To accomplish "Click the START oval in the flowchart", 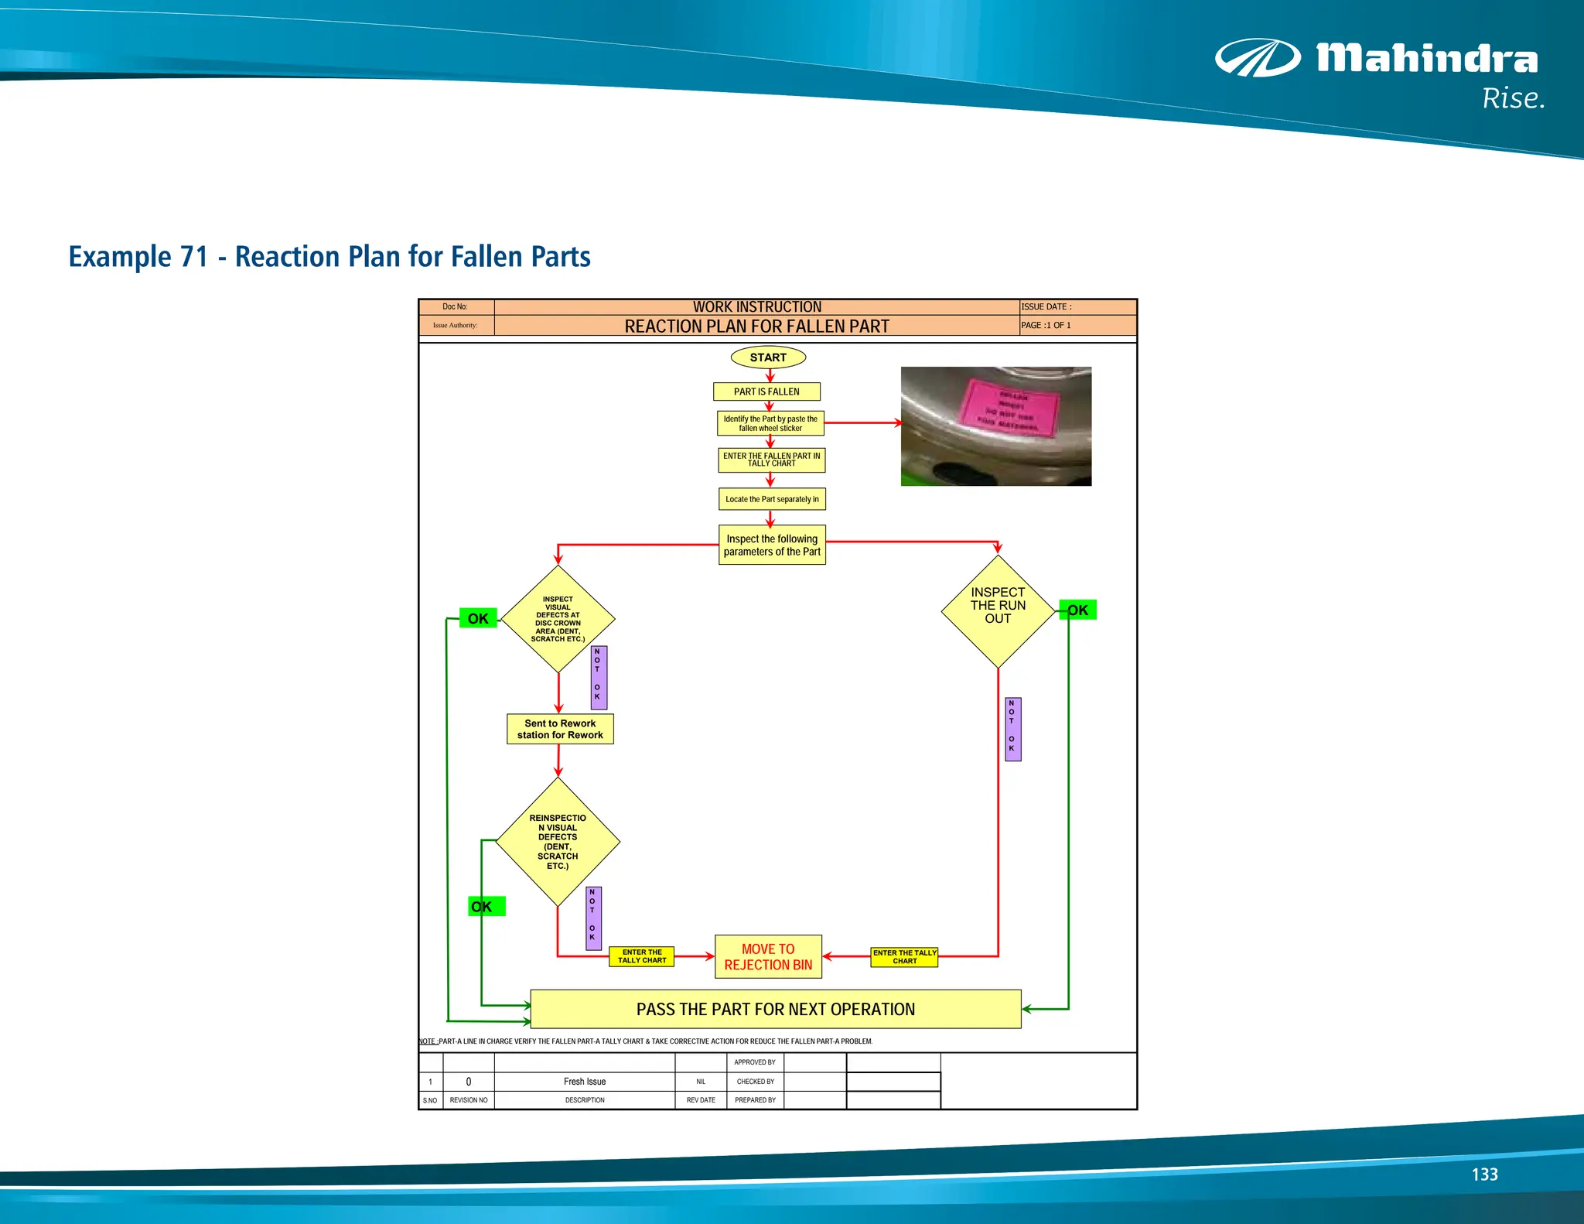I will click(x=768, y=357).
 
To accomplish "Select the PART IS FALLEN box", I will click(x=766, y=391).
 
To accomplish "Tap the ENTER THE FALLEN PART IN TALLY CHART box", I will click(x=771, y=460).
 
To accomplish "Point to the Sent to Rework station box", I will click(x=560, y=729).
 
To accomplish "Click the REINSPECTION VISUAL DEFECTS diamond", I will click(x=558, y=841).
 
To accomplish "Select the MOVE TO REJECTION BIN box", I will click(x=768, y=957).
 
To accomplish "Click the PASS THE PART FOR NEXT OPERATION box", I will click(x=775, y=1009).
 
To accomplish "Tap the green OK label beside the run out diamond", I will click(x=1078, y=610).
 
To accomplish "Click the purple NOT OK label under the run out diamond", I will click(x=1012, y=729).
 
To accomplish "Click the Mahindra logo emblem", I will click(x=1258, y=59).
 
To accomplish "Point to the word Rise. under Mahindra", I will click(x=1513, y=99).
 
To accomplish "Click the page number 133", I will click(x=1484, y=1174).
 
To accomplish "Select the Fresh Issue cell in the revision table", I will click(x=585, y=1082).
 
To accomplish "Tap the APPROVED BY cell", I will click(x=755, y=1062).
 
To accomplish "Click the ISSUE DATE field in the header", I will click(x=1077, y=307).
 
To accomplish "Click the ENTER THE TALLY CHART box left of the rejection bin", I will click(x=642, y=956).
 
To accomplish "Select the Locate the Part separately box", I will click(x=772, y=499).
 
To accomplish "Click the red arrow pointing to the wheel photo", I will click(x=863, y=423).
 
